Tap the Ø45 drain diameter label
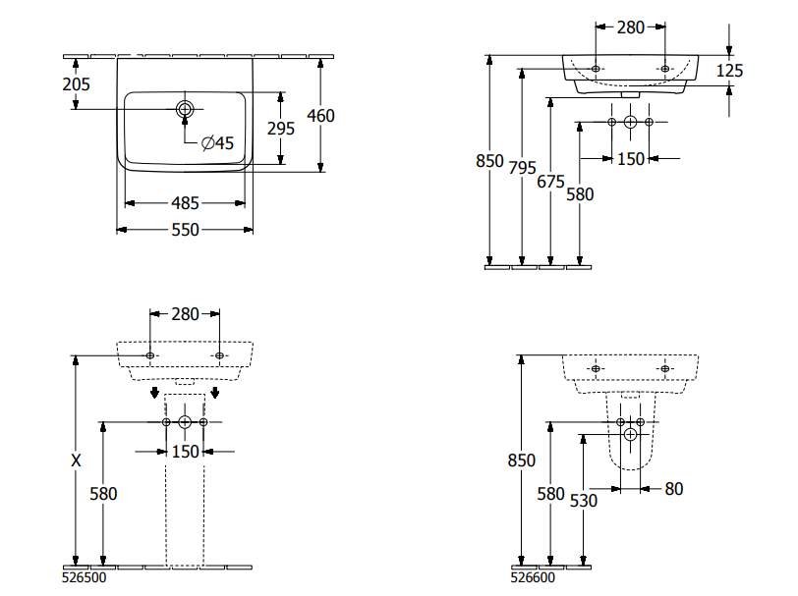coord(217,143)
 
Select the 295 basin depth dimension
coord(282,128)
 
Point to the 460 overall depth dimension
coord(321,116)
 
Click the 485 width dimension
coord(185,203)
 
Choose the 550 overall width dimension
coord(185,230)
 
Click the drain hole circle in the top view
coord(185,108)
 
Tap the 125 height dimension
coord(730,70)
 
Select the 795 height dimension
coord(523,167)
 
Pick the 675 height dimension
coord(551,181)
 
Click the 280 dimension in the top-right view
coord(631,27)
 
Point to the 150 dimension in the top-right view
coord(630,158)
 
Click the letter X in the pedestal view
coord(76,460)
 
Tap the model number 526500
coord(85,578)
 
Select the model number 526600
coord(534,578)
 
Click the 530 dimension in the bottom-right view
coord(583,500)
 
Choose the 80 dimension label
coord(673,488)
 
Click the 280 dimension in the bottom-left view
coord(185,314)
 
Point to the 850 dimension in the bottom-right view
coord(523,461)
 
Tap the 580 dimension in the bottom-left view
coord(103,494)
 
